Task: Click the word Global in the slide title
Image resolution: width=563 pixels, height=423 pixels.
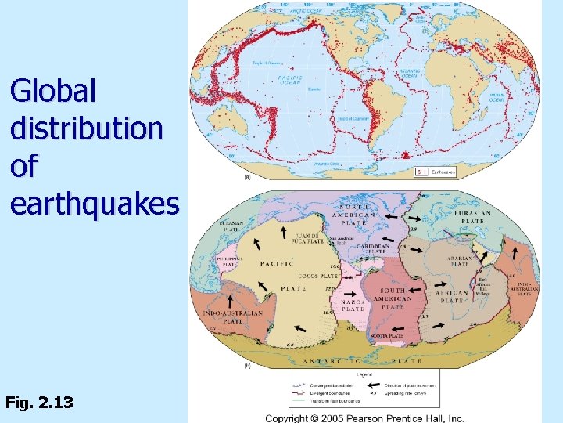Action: (x=53, y=92)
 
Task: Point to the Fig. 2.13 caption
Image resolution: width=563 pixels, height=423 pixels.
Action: (x=39, y=403)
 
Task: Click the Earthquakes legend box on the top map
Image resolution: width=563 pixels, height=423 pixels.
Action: (x=436, y=171)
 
